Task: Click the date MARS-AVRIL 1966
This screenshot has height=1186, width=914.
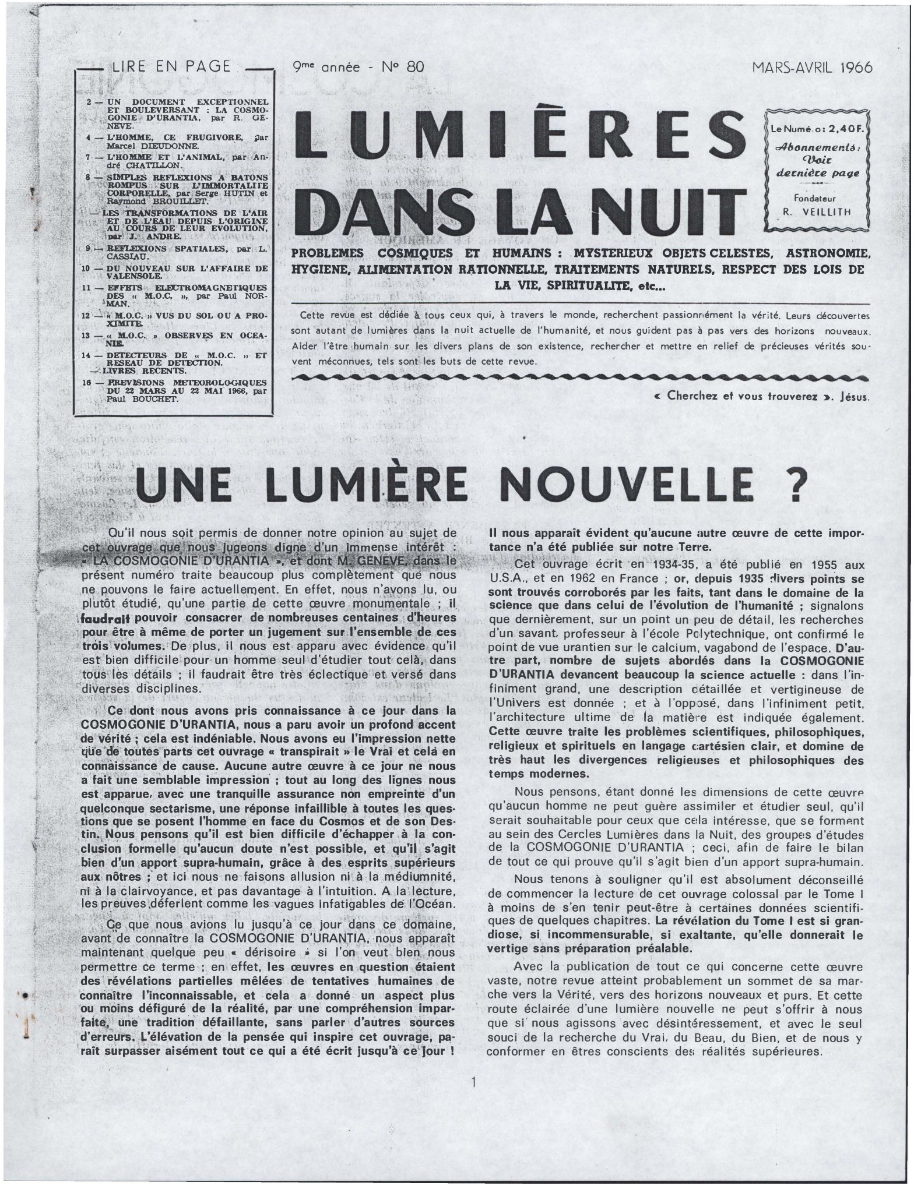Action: click(x=812, y=68)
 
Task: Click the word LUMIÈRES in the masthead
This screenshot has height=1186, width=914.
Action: click(x=521, y=136)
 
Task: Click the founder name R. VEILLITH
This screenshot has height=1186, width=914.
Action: click(x=817, y=213)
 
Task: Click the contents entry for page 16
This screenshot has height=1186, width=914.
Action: click(x=175, y=391)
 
